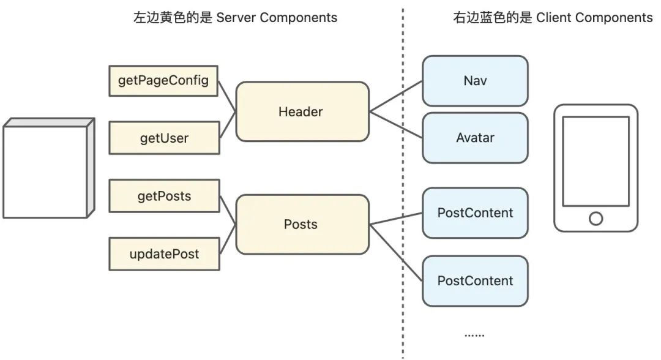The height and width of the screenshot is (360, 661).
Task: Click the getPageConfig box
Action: (x=163, y=81)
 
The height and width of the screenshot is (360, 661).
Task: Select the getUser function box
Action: (x=163, y=138)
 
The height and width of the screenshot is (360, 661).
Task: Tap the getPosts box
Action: (x=163, y=197)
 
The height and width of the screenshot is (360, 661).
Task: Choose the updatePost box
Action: (x=163, y=254)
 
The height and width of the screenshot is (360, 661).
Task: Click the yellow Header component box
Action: (x=302, y=112)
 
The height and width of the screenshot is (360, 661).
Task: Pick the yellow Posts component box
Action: (x=302, y=224)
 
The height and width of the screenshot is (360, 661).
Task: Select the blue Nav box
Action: (x=475, y=81)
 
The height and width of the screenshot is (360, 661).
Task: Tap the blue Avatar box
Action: (x=475, y=138)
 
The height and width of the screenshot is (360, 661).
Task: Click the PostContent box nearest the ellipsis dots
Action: (x=475, y=281)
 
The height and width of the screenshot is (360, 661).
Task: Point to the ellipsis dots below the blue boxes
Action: (x=474, y=335)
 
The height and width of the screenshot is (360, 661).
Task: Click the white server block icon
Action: (x=45, y=171)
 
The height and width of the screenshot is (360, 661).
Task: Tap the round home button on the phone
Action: (x=596, y=218)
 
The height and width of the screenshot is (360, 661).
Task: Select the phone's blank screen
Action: (x=596, y=160)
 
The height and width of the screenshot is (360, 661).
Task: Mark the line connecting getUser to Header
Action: (x=228, y=126)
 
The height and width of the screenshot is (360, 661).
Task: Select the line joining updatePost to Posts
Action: (x=228, y=239)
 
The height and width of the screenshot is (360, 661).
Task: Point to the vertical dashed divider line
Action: (x=403, y=184)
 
